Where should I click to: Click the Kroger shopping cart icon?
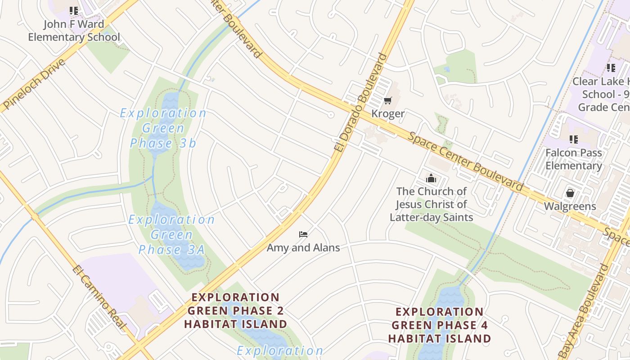point(387,100)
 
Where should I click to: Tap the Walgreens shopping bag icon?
point(570,193)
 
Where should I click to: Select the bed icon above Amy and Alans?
point(303,234)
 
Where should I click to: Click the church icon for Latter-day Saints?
point(431,178)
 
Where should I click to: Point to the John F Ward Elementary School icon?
point(74,10)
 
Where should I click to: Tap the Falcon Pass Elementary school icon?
point(573,139)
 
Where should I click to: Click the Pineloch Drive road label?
point(34,84)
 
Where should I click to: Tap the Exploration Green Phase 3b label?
point(163,128)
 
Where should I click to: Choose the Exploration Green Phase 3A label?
point(171,234)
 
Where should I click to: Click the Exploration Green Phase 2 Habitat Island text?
point(236,310)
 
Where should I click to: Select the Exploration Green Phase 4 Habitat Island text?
point(440,325)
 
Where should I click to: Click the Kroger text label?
point(388,114)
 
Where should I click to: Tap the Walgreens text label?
point(570,207)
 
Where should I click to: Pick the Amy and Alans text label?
point(303,247)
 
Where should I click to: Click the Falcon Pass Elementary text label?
point(573,159)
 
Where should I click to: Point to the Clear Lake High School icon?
point(611,68)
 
